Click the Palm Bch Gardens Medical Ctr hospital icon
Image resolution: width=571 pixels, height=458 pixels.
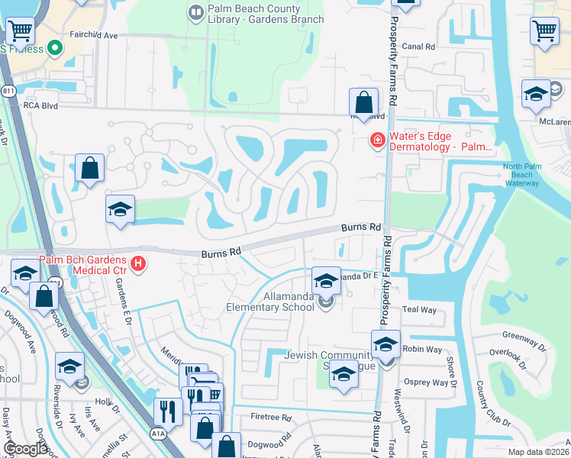coord(138,265)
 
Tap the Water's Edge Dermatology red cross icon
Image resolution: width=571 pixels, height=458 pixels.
coord(376,140)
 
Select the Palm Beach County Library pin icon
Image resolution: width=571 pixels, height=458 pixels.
coord(194,12)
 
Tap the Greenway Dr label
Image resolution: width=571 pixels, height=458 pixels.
coord(524,335)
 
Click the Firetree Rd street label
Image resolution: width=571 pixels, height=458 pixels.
coord(271,418)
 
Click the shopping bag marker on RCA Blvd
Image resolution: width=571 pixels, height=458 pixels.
coord(364,102)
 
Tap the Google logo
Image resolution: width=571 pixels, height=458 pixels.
coord(26,449)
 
